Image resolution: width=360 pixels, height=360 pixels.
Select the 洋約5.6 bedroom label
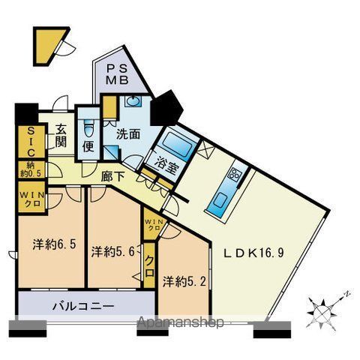point(113,250)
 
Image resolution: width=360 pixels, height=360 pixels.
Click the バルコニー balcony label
point(83,306)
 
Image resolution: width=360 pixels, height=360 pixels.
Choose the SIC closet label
point(24,141)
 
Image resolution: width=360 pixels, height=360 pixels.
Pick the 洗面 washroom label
point(127,135)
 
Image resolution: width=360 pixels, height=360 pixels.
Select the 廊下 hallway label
point(113,178)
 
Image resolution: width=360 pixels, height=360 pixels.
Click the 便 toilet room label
point(88,145)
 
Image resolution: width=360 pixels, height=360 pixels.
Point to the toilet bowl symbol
point(88,125)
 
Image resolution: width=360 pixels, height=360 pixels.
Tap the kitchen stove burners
point(234,176)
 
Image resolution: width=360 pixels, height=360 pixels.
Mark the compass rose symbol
point(324,307)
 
